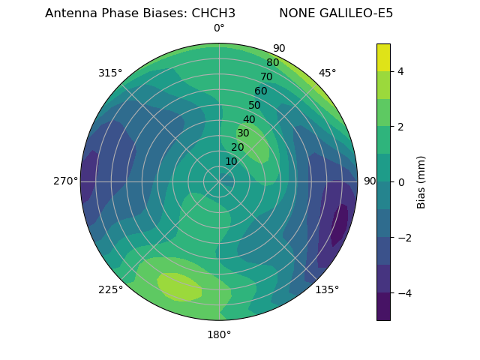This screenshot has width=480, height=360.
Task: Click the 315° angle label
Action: (110, 73)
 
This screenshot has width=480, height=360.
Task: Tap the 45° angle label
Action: (328, 73)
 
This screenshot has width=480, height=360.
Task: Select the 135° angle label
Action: (327, 289)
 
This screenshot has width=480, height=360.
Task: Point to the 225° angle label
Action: (110, 289)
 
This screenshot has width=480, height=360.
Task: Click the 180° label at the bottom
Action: (219, 334)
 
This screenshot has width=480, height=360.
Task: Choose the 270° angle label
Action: (65, 181)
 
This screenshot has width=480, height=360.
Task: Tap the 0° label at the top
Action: (219, 28)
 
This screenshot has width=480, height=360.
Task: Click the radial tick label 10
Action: (231, 161)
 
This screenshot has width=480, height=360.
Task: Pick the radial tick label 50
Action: (254, 106)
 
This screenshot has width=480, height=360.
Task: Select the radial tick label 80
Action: (272, 63)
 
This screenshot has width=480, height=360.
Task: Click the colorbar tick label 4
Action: (401, 71)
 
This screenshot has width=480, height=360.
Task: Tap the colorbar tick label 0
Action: (401, 182)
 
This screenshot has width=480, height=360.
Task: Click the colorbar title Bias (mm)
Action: (421, 181)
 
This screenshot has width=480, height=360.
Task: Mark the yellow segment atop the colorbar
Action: (383, 57)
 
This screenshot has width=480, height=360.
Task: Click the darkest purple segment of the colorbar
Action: (383, 307)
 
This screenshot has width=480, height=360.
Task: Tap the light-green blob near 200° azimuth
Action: (179, 286)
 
